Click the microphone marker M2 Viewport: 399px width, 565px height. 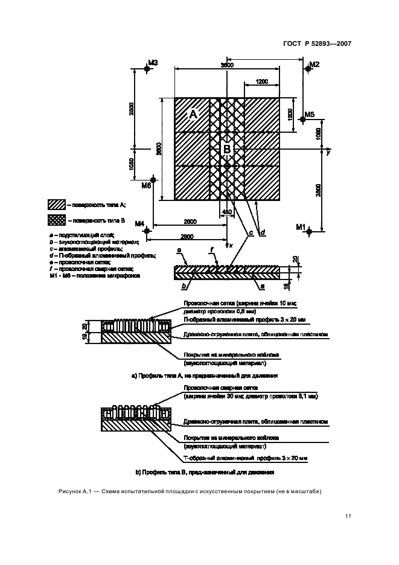(x=307, y=69)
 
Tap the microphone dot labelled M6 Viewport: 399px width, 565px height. (x=154, y=179)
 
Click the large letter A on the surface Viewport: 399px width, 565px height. (x=193, y=115)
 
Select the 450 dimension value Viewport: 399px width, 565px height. (x=227, y=212)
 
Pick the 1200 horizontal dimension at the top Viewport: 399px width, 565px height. (x=262, y=81)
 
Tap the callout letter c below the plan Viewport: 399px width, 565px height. (x=250, y=232)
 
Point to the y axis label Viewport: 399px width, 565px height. (x=328, y=153)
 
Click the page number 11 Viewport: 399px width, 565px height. (x=348, y=516)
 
